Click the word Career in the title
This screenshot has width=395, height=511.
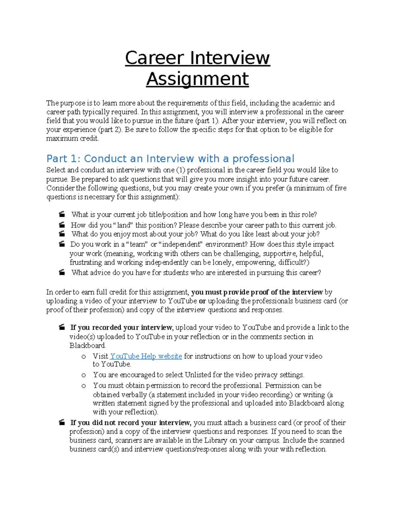point(154,58)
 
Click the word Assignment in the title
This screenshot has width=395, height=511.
point(197,79)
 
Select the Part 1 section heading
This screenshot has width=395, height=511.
point(170,159)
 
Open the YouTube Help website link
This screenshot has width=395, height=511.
point(146,356)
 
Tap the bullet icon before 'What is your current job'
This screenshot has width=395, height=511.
point(62,215)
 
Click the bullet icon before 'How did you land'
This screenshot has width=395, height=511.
point(62,225)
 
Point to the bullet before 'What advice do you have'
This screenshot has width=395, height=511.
point(62,272)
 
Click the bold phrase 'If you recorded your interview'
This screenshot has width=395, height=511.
point(121,327)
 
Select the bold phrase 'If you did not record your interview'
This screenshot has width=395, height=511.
point(130,422)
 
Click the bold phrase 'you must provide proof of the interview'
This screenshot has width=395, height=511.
point(257,292)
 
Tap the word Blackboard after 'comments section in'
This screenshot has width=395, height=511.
point(87,345)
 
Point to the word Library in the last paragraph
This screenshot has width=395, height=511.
point(216,440)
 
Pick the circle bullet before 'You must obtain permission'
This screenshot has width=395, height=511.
point(84,386)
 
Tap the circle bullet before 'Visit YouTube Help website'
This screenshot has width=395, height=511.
point(84,356)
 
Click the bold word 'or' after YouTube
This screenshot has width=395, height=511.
point(202,301)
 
